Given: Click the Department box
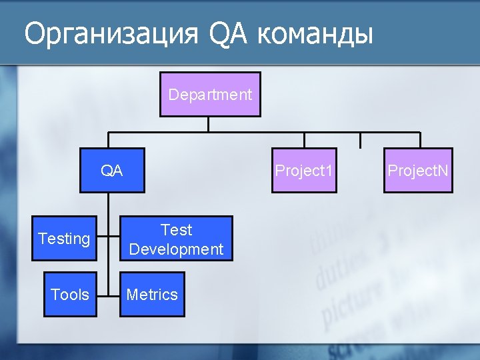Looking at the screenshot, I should [x=209, y=94].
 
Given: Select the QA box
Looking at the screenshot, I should [x=112, y=171].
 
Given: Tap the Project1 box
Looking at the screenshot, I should [x=303, y=171].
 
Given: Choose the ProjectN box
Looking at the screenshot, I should [x=418, y=171].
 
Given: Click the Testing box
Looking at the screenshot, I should [x=65, y=239].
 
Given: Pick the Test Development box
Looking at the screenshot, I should [x=176, y=239].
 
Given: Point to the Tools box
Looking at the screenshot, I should [x=70, y=294].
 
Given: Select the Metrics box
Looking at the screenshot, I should [x=152, y=294].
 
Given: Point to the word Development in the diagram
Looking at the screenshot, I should [x=176, y=249].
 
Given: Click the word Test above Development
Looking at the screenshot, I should [x=176, y=230].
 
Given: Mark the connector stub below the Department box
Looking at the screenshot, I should [x=209, y=123].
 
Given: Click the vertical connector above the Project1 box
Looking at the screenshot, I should [x=305, y=139].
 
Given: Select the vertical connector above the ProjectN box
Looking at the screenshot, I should [x=419, y=139].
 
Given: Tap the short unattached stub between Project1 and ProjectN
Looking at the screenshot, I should [x=360, y=139].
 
